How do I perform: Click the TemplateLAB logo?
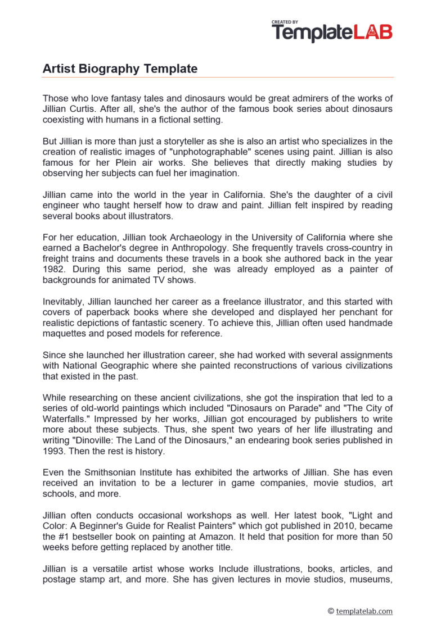tap(332, 32)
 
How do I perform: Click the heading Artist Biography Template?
tap(120, 69)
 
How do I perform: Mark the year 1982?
tap(55, 270)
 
